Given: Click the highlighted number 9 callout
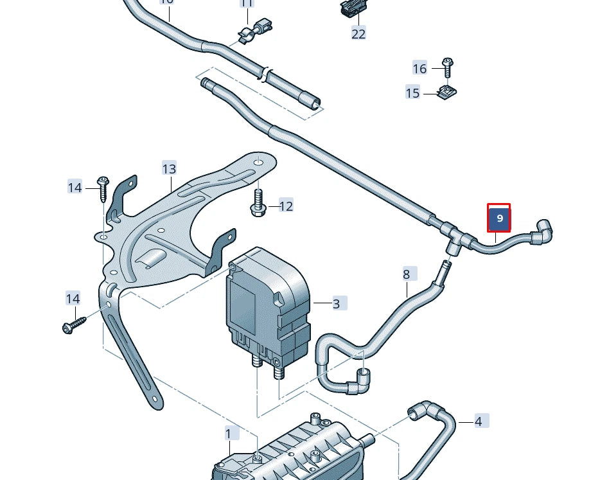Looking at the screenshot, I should (499, 219).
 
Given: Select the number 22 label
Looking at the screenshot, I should (358, 33).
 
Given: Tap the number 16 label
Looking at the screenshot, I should (419, 69).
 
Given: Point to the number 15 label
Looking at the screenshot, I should (412, 94).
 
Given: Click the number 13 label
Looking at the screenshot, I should (168, 169).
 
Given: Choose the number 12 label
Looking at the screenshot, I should (286, 206).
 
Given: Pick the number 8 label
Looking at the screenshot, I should (406, 275).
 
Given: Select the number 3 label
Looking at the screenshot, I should (336, 303).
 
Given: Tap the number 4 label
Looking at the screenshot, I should (479, 422).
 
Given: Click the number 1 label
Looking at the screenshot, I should (229, 434).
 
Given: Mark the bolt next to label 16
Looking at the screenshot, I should (447, 66).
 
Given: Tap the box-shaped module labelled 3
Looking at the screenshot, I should (267, 302).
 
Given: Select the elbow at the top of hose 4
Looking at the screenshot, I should (424, 410).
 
